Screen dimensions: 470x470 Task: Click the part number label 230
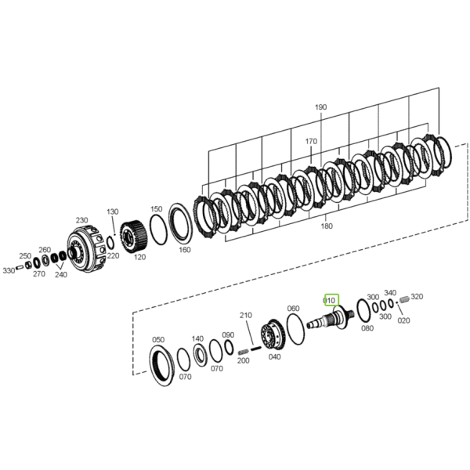[81, 220]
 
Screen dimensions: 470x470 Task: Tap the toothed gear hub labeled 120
[134, 237]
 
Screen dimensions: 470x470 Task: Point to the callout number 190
[320, 107]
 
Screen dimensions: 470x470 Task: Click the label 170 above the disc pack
[311, 141]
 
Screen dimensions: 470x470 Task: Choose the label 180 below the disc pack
[327, 226]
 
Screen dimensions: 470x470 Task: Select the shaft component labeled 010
[331, 319]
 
